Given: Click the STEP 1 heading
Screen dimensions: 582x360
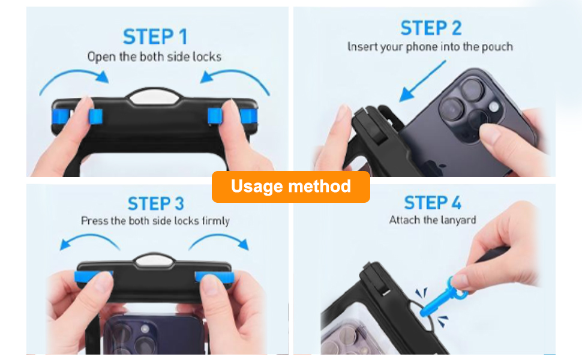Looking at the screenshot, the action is coord(155,37).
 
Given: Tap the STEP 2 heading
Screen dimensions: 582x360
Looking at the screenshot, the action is coord(431,28).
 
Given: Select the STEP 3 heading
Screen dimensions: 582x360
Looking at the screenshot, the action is coord(156,204).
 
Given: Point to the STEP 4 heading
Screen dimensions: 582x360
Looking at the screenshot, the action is coord(433,203).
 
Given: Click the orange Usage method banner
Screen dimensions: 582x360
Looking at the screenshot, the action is coord(291,187).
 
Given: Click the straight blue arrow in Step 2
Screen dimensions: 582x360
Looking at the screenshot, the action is coord(422,81).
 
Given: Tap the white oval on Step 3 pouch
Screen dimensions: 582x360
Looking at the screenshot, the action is coord(154,260).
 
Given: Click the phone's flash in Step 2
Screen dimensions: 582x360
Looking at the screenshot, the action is coord(494,107).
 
